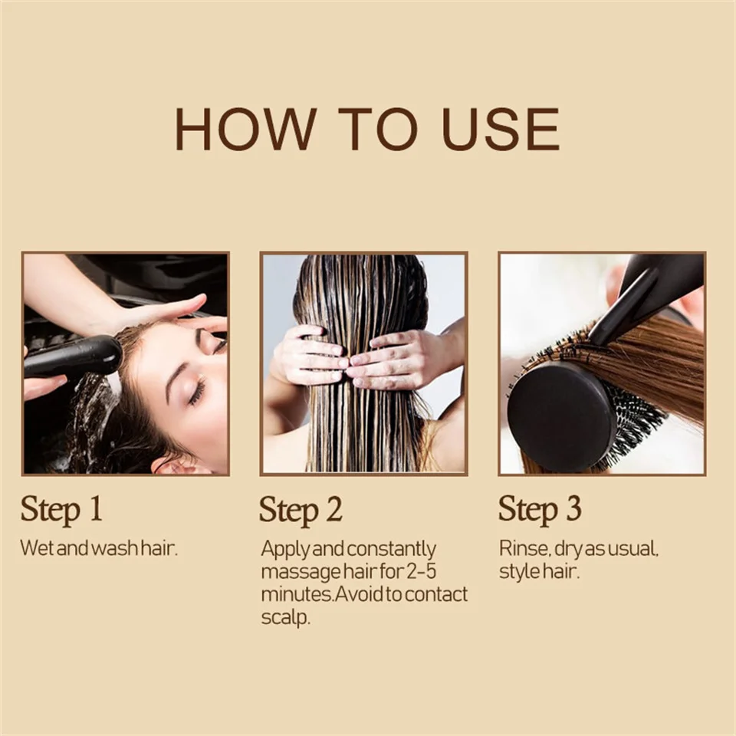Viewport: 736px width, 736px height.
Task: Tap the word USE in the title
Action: click(x=501, y=130)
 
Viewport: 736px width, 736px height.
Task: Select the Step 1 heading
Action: click(x=61, y=510)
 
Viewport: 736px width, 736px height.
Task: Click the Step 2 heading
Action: click(x=301, y=510)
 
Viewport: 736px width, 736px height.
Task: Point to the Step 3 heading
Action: click(x=540, y=510)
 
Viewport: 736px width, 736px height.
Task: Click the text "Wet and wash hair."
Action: click(x=99, y=548)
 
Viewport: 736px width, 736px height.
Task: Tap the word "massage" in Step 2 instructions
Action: click(x=301, y=573)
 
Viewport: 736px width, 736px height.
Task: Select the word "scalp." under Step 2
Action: click(x=285, y=616)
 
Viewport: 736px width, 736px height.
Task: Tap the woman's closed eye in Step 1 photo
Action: click(x=197, y=392)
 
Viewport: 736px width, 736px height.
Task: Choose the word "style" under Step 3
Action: click(x=519, y=572)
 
